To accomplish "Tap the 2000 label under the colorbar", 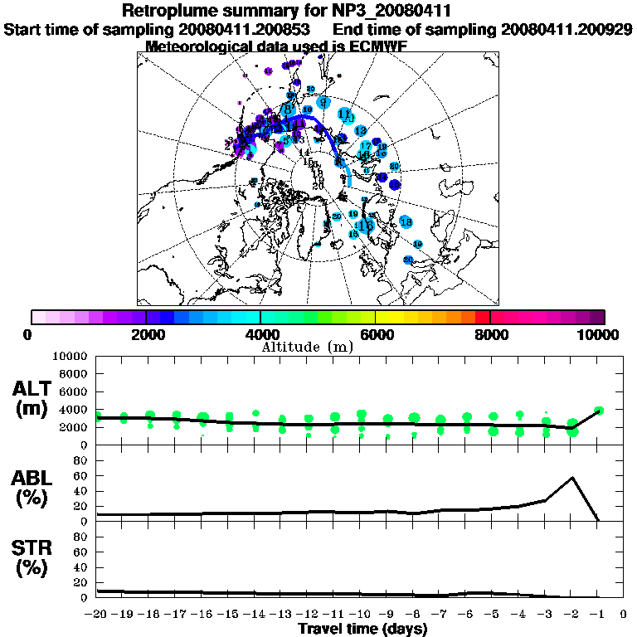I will point(146,334).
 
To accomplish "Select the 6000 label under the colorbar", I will point(376,334).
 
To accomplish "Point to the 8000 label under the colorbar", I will point(491,334).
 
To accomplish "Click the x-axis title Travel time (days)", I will point(362,630).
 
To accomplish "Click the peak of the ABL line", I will point(571,478).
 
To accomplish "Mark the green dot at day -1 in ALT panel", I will point(599,410).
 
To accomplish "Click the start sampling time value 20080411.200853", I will point(246,29).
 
